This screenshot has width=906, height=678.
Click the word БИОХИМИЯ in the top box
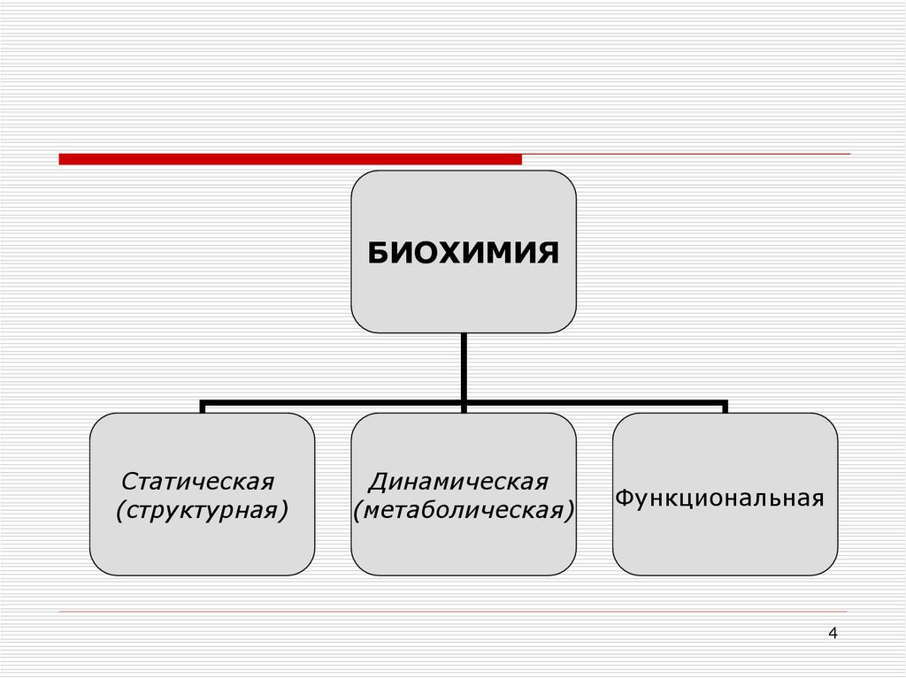click(464, 253)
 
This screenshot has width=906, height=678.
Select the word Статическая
click(198, 483)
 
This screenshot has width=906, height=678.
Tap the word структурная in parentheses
click(203, 510)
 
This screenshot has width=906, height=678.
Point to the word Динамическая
click(459, 483)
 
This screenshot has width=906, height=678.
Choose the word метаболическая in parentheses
click(464, 510)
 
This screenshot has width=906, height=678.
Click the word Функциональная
click(720, 498)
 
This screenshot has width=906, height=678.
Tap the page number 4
click(833, 633)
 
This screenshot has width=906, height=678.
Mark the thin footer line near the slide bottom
click(453, 612)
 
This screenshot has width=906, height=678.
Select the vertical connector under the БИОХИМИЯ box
click(464, 367)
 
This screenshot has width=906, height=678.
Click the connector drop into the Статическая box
click(203, 408)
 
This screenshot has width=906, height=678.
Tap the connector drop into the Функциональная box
click(725, 408)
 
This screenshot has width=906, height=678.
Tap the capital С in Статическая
click(128, 483)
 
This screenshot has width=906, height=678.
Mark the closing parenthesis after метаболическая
click(571, 511)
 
